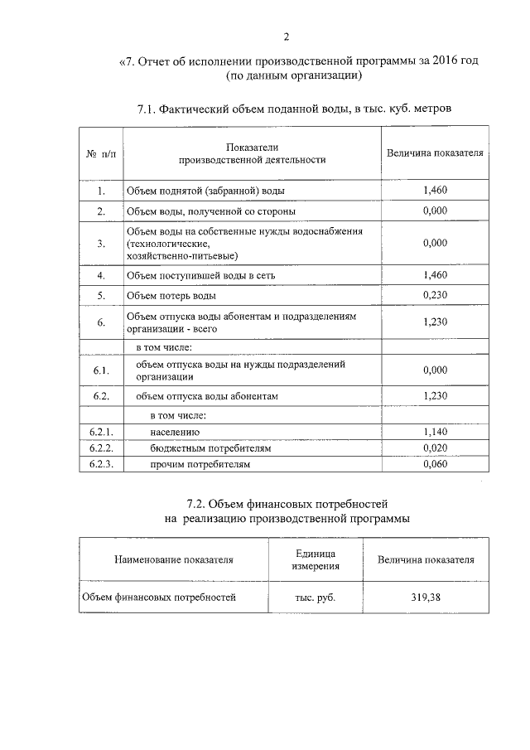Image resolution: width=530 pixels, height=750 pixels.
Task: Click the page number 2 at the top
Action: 286,36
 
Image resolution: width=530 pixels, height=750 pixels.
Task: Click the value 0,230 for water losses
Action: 435,295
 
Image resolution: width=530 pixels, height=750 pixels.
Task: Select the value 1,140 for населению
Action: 435,432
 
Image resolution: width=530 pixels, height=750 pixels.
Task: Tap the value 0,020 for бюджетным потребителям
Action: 435,448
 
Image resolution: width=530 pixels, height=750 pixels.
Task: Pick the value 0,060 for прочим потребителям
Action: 435,464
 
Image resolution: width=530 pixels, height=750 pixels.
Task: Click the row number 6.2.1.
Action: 100,432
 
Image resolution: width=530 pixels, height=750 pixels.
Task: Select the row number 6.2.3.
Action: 100,464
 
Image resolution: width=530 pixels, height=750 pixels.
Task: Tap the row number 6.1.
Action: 100,370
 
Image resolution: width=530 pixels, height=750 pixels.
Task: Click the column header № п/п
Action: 100,153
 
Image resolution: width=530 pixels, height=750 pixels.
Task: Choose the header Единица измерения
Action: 314,559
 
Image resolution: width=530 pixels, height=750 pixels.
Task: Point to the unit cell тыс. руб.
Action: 314,597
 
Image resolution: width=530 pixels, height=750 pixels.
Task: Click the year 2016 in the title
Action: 440,61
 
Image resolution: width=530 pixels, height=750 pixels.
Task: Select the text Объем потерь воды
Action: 171,296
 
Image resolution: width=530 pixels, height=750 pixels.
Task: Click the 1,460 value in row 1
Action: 435,191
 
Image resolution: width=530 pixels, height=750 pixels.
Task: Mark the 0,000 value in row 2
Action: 435,212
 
